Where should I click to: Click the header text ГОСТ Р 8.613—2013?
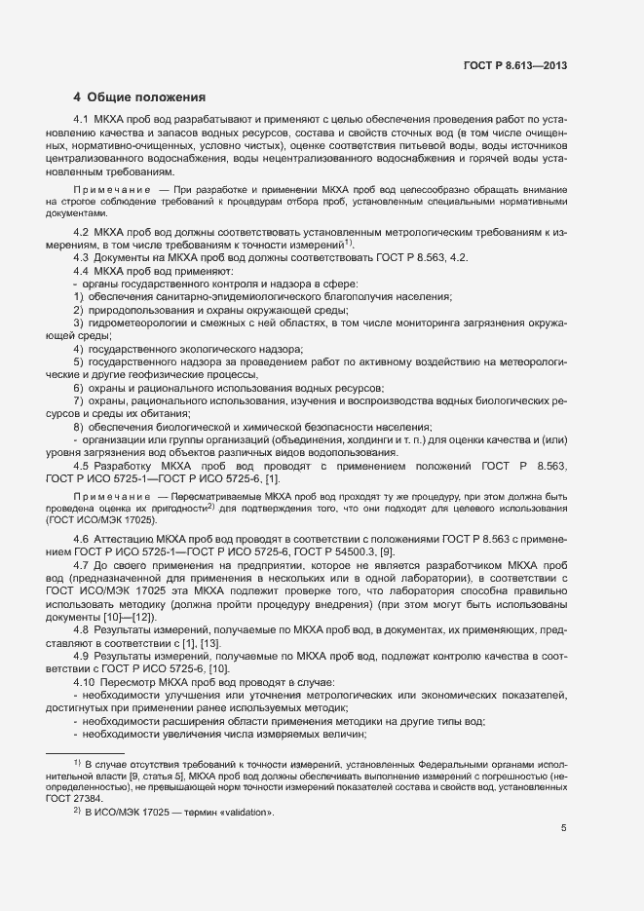coord(516,65)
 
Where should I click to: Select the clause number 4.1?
coord(81,119)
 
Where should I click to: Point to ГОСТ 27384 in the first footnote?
coord(74,796)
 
